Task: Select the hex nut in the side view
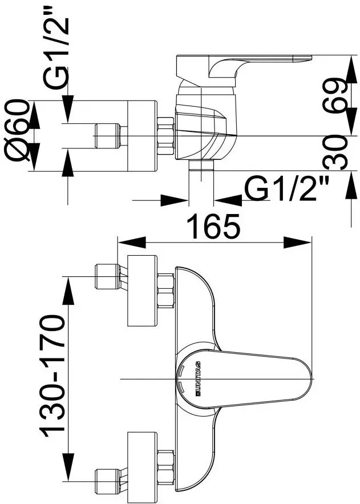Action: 165,136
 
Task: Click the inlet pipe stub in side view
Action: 108,136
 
